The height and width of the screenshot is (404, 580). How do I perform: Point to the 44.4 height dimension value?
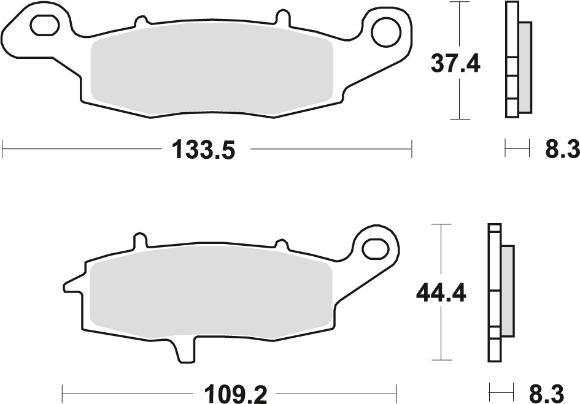pyautogui.click(x=440, y=292)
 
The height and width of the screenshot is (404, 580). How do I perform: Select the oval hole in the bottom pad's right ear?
pyautogui.click(x=374, y=248)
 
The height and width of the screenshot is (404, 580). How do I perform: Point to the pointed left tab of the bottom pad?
pyautogui.click(x=69, y=284)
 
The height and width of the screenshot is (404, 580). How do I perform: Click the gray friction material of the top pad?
pyautogui.click(x=212, y=72)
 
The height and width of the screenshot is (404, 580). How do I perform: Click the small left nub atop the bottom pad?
pyautogui.click(x=141, y=239)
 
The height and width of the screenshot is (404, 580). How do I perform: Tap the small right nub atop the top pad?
pyautogui.click(x=282, y=15)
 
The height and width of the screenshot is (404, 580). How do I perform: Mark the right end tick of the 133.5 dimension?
pyautogui.click(x=411, y=148)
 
